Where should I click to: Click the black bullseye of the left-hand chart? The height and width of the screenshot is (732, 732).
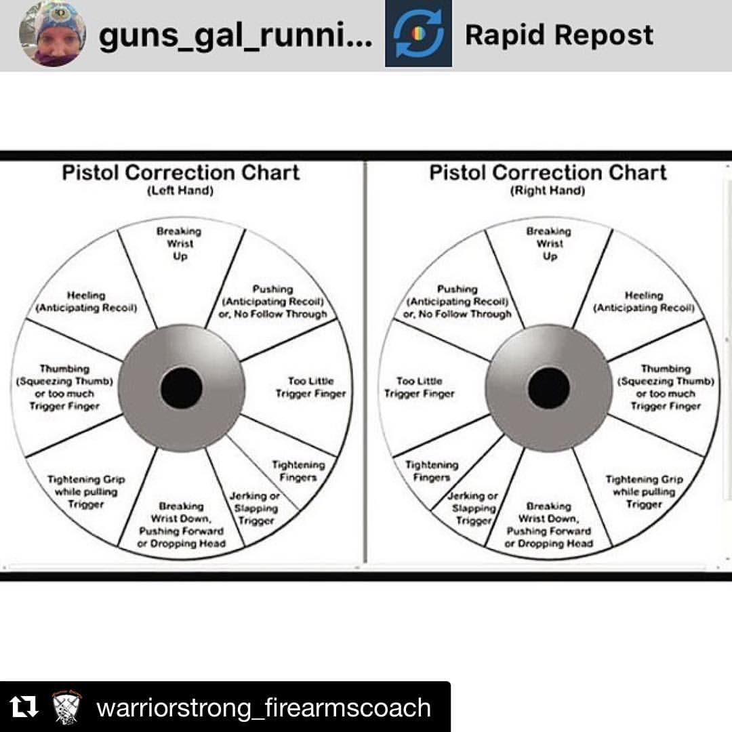coord(181,388)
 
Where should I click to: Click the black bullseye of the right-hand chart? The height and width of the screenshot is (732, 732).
coord(549,388)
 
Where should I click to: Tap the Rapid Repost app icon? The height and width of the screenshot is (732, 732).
coord(418,34)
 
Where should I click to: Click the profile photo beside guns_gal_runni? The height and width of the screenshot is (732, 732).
coord(52,34)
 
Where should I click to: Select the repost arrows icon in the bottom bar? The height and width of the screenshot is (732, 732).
coord(23,707)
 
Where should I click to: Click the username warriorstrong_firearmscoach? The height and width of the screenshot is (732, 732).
coord(264,708)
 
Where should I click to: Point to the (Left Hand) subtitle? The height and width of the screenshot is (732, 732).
coord(180,190)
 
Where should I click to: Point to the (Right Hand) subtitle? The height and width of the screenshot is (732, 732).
coord(548,190)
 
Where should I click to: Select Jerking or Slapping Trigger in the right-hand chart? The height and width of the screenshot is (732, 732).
coord(472,508)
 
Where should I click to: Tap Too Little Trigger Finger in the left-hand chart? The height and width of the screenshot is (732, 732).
coord(311,388)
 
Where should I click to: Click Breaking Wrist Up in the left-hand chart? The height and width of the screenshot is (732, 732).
coord(179,244)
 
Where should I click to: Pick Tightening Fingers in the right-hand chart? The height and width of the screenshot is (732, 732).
coord(432,471)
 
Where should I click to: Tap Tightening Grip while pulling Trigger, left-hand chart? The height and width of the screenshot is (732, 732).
coord(86,491)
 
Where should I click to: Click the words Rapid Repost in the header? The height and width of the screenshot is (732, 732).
coord(559,35)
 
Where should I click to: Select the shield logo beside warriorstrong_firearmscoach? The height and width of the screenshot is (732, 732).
coord(66,707)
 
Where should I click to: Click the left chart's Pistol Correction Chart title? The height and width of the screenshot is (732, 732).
coord(181,172)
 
